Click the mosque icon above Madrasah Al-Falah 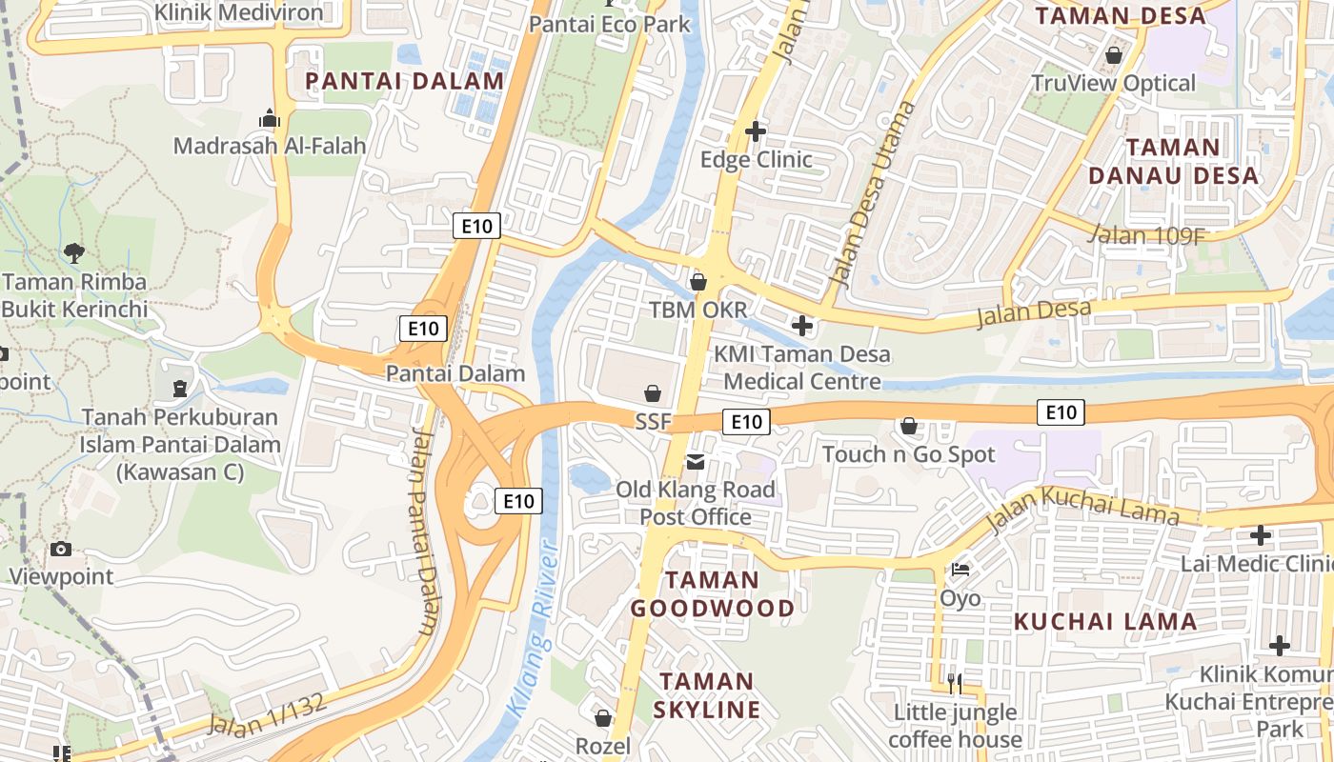pyautogui.click(x=270, y=118)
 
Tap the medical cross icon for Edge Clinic pyautogui.click(x=756, y=131)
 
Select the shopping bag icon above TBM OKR pyautogui.click(x=698, y=282)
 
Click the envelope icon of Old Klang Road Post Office pyautogui.click(x=696, y=462)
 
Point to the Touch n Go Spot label pyautogui.click(x=908, y=454)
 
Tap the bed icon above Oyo pyautogui.click(x=960, y=570)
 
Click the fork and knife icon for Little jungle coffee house pyautogui.click(x=955, y=682)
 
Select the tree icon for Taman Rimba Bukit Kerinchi pyautogui.click(x=73, y=252)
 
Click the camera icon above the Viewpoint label pyautogui.click(x=61, y=549)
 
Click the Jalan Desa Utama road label pyautogui.click(x=872, y=195)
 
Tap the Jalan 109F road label pyautogui.click(x=1144, y=234)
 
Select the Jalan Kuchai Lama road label pyautogui.click(x=1083, y=508)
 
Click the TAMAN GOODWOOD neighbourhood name pyautogui.click(x=712, y=594)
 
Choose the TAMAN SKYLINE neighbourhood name pyautogui.click(x=710, y=695)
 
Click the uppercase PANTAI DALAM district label pyautogui.click(x=404, y=81)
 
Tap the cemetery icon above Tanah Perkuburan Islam pyautogui.click(x=179, y=388)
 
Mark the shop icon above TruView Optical pyautogui.click(x=1113, y=55)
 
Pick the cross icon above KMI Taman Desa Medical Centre pyautogui.click(x=802, y=326)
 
